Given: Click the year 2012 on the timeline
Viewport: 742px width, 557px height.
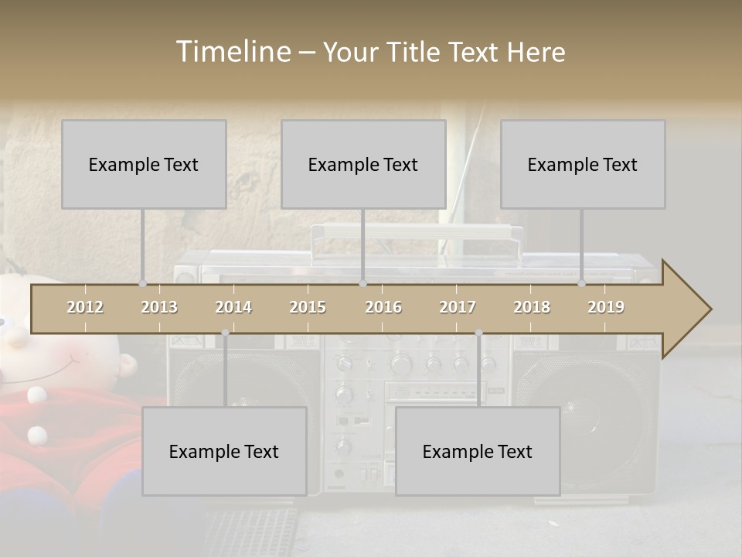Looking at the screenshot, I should [85, 307].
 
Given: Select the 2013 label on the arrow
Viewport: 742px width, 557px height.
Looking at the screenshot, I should [159, 307].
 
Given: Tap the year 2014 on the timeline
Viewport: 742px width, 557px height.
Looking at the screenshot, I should [233, 307].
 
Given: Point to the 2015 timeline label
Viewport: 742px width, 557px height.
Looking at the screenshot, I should [308, 307].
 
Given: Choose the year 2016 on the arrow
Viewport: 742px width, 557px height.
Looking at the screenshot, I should [383, 307].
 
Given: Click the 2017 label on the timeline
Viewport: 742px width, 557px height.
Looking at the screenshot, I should [458, 307].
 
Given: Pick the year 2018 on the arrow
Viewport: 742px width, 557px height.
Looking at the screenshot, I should [532, 307].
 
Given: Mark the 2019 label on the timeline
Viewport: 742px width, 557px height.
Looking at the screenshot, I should [606, 307].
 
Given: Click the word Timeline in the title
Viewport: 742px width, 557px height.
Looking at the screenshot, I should [233, 52].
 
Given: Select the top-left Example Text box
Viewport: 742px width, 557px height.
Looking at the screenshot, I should [144, 164].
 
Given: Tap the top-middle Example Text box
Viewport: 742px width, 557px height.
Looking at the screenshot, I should [363, 164].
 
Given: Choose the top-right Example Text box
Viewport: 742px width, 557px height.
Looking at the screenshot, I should [583, 164].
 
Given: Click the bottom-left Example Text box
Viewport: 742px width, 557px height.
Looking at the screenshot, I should [224, 451].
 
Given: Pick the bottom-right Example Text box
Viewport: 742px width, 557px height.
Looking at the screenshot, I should [478, 451].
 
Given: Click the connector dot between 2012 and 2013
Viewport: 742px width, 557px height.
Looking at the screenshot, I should [142, 284].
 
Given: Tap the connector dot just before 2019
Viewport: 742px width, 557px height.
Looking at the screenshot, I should [582, 284].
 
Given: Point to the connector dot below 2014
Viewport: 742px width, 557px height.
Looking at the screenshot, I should [225, 333].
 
